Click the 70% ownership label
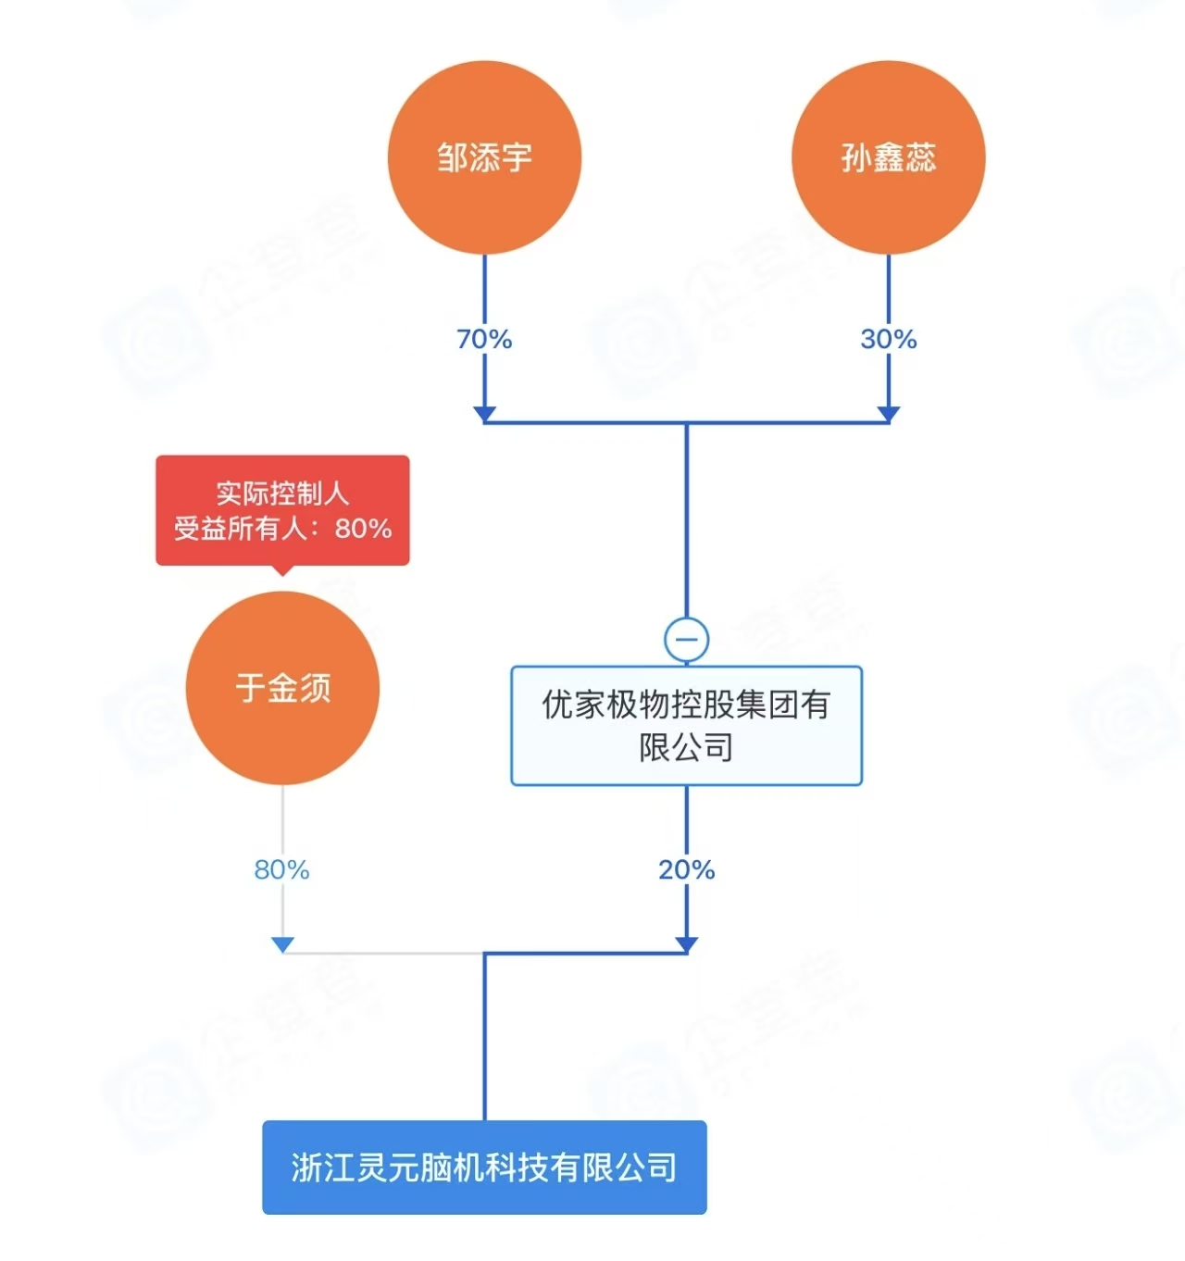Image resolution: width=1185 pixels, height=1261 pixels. [484, 339]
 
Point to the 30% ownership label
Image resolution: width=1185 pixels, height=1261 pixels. [888, 339]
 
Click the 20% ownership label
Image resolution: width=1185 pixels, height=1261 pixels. [686, 869]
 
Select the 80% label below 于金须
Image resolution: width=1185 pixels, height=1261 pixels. [281, 869]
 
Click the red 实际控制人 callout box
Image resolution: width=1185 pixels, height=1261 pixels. [282, 509]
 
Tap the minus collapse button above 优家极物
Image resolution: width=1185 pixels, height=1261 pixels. [686, 639]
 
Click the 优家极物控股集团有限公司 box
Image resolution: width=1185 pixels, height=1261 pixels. [686, 726]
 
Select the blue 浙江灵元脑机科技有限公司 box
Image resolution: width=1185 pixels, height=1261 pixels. [484, 1167]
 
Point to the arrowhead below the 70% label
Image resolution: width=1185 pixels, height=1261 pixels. [484, 413]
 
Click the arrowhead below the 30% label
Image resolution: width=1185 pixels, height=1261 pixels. [888, 413]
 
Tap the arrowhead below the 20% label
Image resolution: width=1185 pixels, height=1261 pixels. [686, 943]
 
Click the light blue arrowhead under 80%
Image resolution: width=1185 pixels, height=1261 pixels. [282, 943]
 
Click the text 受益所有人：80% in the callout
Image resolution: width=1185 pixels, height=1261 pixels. [282, 529]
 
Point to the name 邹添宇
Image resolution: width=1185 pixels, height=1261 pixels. [484, 157]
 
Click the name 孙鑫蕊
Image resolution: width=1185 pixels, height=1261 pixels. [888, 157]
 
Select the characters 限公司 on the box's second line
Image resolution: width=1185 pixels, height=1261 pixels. [686, 747]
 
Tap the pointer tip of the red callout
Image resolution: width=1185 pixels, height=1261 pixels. [282, 572]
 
